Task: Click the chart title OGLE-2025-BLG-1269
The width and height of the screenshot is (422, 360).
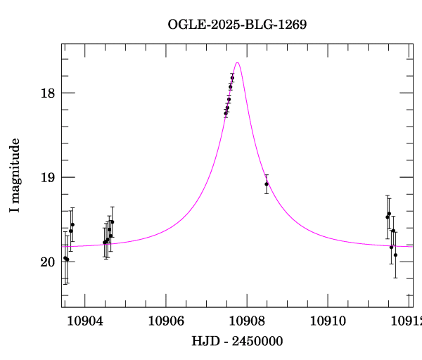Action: [x=237, y=25]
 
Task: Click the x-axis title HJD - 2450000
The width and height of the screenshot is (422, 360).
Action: [x=237, y=342]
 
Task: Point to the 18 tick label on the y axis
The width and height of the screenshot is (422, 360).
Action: [x=48, y=93]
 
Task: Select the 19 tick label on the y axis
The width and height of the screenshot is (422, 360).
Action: [x=48, y=177]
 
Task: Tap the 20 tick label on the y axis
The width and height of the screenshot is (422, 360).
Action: [x=48, y=262]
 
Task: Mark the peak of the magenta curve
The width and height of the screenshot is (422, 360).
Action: [x=238, y=63]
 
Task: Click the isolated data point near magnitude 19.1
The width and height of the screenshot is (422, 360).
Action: [x=267, y=184]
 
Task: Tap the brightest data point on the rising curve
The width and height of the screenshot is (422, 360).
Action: [x=232, y=77]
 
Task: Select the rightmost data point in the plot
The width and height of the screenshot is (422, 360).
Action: [x=395, y=255]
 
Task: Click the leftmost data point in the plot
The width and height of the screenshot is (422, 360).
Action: [x=65, y=258]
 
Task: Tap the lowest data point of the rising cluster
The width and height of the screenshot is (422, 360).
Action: [x=226, y=113]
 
